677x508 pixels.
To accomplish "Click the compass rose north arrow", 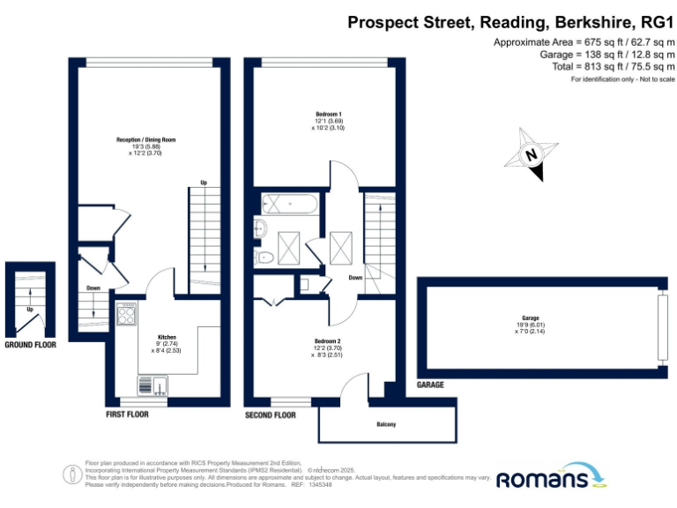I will click(531, 155).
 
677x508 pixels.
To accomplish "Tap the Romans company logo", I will click(552, 477).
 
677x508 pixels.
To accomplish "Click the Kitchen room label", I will click(167, 337).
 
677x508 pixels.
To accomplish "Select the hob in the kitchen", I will click(126, 313).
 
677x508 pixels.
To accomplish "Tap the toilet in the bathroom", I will click(263, 258).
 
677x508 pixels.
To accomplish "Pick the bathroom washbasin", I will click(259, 229).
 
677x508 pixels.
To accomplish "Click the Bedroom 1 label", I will click(329, 114).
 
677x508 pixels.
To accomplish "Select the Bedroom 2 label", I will click(327, 341).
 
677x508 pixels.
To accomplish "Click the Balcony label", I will click(386, 424).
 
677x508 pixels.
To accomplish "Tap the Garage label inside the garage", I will click(530, 317).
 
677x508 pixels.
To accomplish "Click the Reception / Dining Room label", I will click(145, 139).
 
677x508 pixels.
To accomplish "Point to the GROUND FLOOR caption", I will click(30, 345).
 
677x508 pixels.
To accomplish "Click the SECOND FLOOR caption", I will click(270, 414).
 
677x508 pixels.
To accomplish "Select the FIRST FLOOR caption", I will click(127, 414).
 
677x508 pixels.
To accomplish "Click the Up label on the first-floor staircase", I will click(204, 183).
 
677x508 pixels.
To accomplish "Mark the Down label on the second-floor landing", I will click(355, 277).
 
